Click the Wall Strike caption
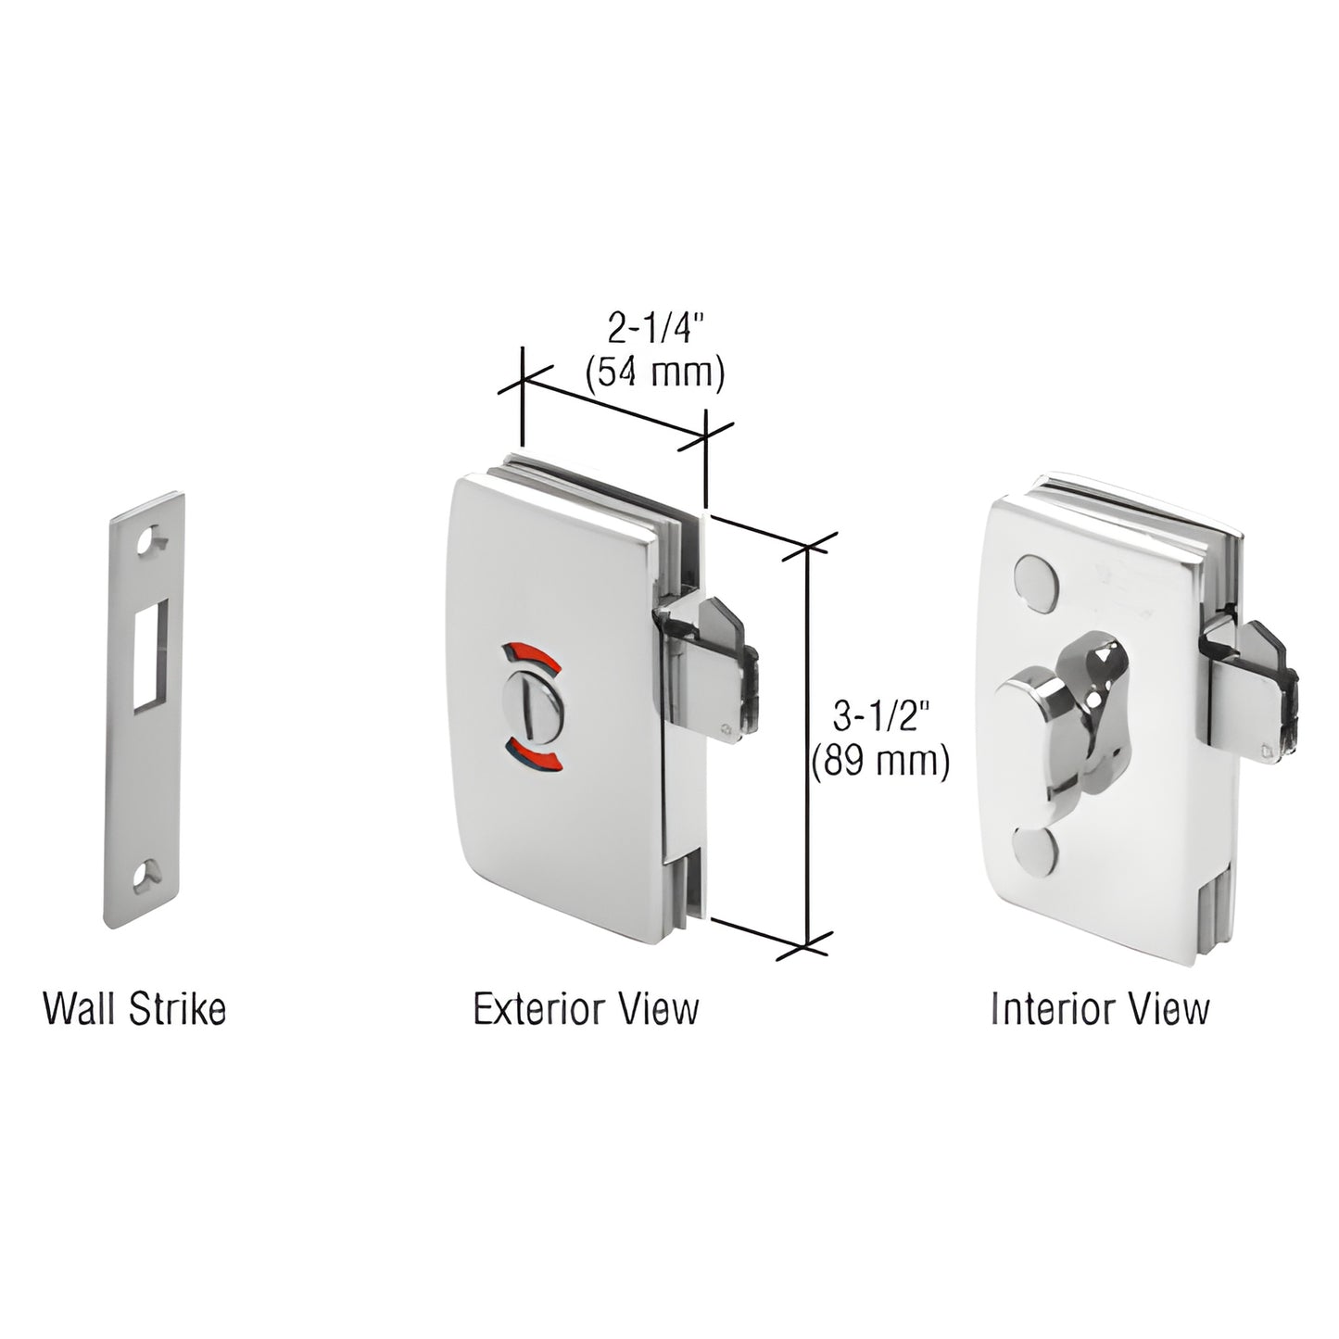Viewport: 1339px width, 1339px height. click(135, 1009)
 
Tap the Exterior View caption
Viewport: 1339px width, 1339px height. click(587, 1009)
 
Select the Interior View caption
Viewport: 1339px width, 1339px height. click(1100, 1009)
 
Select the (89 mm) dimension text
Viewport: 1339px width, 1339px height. click(880, 762)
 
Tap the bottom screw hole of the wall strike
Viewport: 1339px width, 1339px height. click(148, 873)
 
